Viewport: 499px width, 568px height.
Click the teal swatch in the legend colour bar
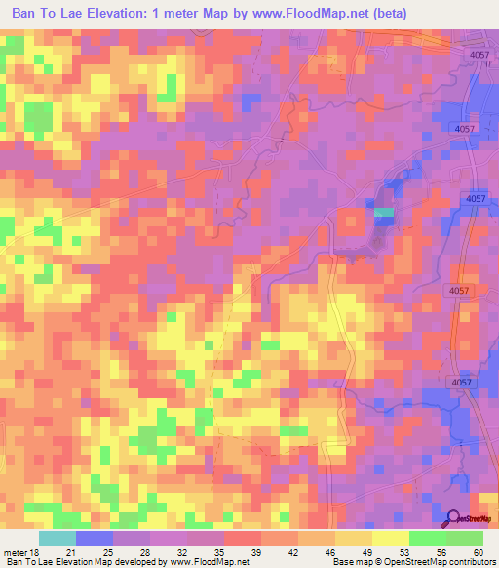[x=58, y=537]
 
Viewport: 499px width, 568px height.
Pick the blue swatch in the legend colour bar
[x=95, y=537]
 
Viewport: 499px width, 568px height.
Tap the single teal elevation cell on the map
[x=384, y=212]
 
